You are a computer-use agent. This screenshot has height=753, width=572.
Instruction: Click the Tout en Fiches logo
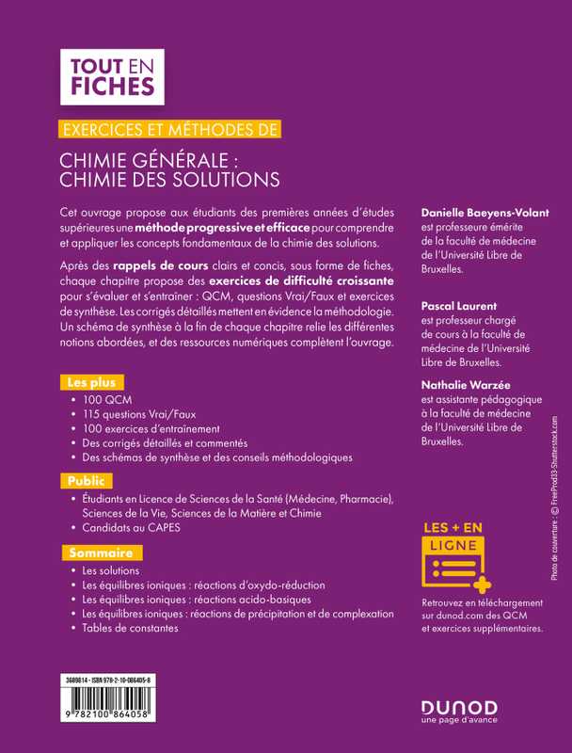111,77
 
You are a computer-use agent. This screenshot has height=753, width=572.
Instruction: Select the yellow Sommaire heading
99,552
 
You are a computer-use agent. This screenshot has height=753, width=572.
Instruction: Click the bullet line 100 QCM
103,399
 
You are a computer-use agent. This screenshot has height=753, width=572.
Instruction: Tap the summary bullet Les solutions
111,570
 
